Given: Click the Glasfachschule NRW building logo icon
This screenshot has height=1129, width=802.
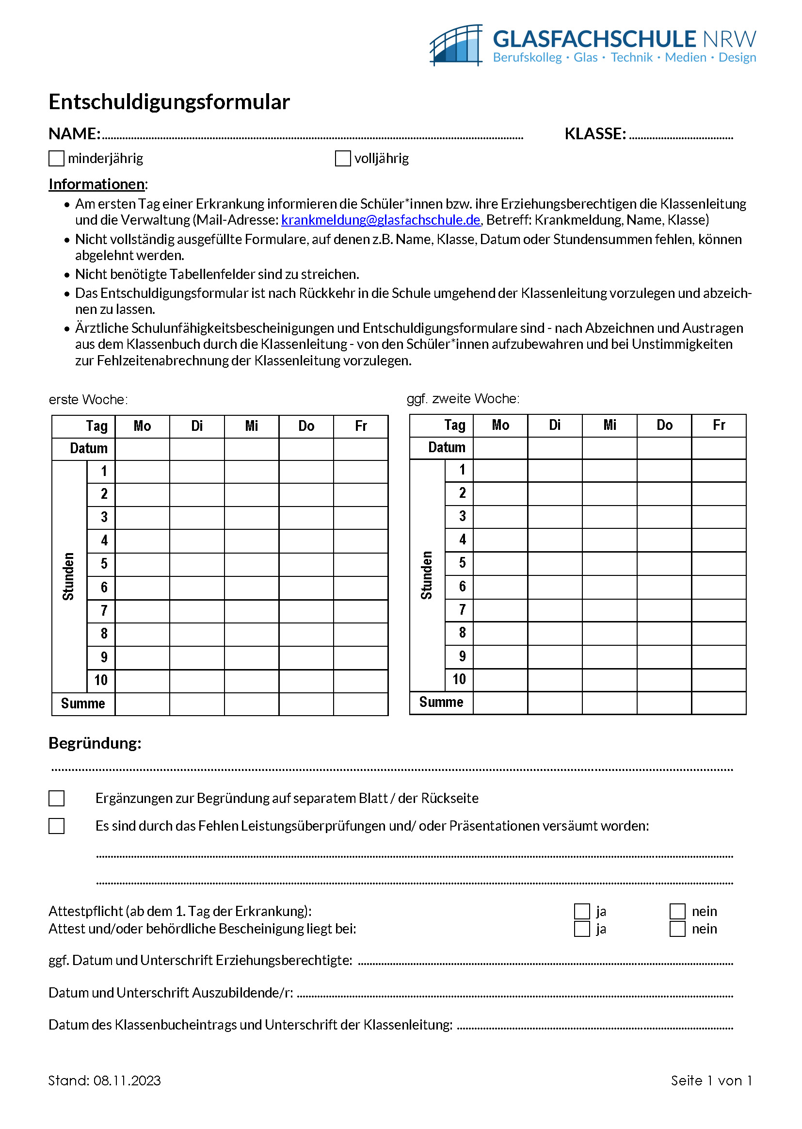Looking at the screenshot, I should pos(456,45).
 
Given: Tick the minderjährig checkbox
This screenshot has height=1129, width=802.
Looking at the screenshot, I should pos(57,159).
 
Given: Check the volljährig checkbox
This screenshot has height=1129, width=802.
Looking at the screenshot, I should pos(343,159).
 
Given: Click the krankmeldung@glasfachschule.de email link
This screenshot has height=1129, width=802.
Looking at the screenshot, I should pos(380,220).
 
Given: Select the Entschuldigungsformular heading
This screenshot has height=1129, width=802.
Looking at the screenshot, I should pos(169,102).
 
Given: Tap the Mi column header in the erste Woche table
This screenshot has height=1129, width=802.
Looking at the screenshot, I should pos(251,426).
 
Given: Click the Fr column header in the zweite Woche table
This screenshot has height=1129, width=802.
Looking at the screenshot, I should pos(719,425).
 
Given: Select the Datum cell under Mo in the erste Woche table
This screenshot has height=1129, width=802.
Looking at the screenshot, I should pos(142,449).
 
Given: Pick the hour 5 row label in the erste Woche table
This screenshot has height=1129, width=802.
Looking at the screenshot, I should pos(104,564).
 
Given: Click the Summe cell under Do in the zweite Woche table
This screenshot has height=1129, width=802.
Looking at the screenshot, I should pos(664,702).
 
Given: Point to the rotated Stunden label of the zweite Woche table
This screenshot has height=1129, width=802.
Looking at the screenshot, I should pos(427,575).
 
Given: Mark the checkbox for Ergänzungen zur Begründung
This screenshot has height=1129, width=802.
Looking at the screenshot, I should pos(57,799).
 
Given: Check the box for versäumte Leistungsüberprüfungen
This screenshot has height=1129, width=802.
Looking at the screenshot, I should pos(57,826).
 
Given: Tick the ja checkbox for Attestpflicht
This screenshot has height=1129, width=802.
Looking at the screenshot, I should pos(582,911).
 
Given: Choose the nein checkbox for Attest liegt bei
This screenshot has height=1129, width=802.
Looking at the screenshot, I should pos(677,929).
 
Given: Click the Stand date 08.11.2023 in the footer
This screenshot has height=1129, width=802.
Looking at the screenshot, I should pos(127,1080).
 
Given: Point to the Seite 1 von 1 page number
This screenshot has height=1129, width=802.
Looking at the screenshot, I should pos(711,1080).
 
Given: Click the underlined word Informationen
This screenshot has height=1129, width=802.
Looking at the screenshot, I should pos(97,184).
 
